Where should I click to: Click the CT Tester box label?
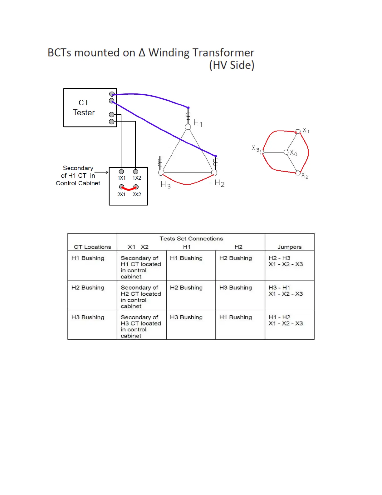pos(84,107)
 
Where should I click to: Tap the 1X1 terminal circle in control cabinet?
pos(121,172)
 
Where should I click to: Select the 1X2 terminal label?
pos(137,178)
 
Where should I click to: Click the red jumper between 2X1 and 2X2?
pos(129,189)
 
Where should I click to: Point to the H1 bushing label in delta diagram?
pos(198,122)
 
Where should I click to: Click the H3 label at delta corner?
pos(165,185)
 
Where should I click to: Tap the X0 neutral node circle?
pos(286,152)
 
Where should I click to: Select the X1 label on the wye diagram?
pos(306,131)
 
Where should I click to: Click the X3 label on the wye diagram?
pos(255,148)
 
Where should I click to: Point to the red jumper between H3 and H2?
pos(187,184)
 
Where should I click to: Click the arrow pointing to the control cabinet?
pos(102,172)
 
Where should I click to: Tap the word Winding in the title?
pos(169,53)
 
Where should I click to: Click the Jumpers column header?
pos(289,247)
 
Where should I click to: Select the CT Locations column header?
pos(92,247)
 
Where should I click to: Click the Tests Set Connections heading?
pos(191,239)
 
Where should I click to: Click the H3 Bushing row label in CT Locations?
pos(88,317)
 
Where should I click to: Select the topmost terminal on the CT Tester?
pos(112,94)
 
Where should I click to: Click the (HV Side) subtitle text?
pos(232,65)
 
